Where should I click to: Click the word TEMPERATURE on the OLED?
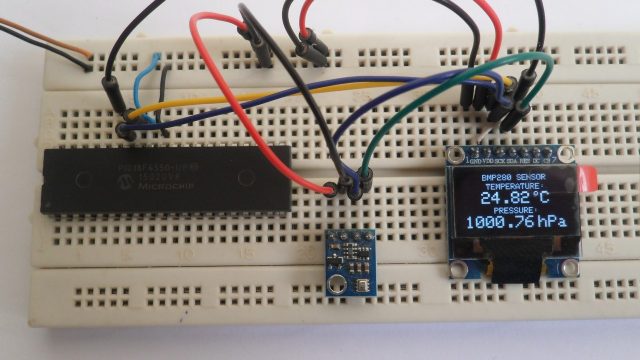513,186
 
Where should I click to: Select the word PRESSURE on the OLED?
513,210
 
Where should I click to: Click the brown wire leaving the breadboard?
60,42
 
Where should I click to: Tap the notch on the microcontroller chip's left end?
46,180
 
